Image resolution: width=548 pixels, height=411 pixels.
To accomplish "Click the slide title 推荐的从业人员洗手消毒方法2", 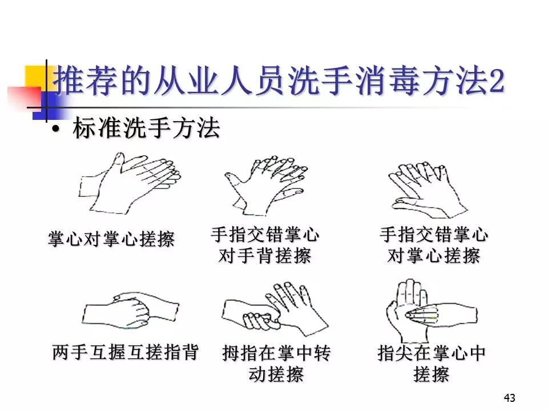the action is (x=279, y=81).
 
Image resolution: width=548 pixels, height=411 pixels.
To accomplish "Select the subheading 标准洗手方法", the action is (x=146, y=128).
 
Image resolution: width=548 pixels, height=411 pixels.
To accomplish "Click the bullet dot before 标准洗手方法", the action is (x=55, y=130).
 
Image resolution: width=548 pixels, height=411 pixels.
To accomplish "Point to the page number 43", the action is (x=509, y=398).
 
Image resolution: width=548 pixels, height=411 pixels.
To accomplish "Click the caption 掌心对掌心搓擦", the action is (x=111, y=239).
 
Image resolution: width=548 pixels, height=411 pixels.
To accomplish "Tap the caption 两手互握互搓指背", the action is (x=126, y=352).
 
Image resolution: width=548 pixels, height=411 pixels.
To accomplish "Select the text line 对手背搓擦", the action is (x=264, y=256).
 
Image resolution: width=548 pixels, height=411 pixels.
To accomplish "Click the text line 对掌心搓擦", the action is (x=433, y=256).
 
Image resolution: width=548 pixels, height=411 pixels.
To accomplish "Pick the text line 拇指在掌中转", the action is (x=276, y=353).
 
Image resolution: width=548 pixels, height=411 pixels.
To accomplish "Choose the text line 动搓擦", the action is (x=276, y=374).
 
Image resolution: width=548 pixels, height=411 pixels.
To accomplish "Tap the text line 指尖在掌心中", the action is (x=432, y=353).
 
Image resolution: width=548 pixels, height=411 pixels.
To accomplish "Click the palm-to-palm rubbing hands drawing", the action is (x=130, y=183).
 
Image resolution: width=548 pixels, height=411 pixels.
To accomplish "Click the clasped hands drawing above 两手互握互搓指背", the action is (x=130, y=311).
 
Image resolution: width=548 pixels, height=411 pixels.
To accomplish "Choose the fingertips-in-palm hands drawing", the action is (x=432, y=311).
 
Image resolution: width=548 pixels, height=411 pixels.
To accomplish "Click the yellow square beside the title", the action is (x=35, y=78).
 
